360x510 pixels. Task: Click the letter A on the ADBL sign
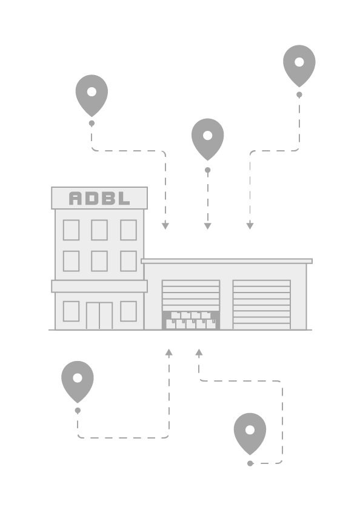click(x=76, y=198)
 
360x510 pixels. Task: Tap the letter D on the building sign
click(x=92, y=198)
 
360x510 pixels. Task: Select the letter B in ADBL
click(x=108, y=198)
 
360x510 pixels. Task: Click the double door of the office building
click(x=99, y=316)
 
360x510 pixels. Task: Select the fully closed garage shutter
click(x=262, y=305)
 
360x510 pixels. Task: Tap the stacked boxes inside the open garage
click(x=191, y=320)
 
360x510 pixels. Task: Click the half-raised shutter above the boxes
click(x=191, y=296)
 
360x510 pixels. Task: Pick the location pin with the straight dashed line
click(x=208, y=139)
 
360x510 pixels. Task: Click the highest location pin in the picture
click(x=299, y=66)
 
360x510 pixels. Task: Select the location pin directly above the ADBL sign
click(x=92, y=96)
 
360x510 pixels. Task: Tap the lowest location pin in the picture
click(x=250, y=434)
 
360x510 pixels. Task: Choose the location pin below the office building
click(x=78, y=382)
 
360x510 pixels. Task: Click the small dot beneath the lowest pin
click(x=250, y=463)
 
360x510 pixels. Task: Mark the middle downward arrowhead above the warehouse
click(x=208, y=226)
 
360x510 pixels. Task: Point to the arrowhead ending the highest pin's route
click(x=250, y=226)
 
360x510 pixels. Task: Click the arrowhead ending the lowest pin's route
click(x=199, y=353)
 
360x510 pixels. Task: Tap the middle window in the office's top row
click(x=99, y=230)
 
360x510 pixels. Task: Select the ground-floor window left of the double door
click(x=71, y=311)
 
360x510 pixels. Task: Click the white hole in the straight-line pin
click(x=208, y=135)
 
